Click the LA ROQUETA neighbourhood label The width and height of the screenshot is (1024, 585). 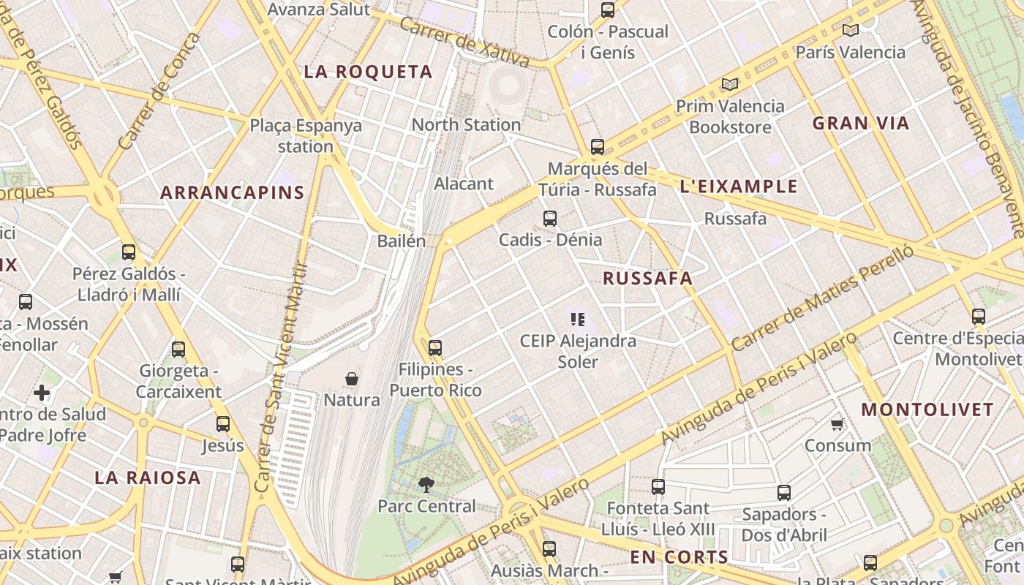(368, 72)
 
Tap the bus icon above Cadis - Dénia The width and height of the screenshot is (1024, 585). (549, 218)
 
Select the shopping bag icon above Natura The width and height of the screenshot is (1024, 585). (352, 379)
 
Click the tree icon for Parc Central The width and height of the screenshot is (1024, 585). (426, 483)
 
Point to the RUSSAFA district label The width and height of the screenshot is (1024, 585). (647, 278)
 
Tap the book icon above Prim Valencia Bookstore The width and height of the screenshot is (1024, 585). (729, 84)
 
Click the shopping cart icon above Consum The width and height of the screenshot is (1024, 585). (837, 424)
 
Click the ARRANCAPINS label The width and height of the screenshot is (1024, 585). (232, 193)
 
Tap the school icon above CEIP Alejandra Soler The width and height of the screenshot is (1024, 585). (578, 320)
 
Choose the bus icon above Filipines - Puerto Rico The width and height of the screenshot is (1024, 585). (435, 347)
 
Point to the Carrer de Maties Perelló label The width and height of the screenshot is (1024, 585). (812, 298)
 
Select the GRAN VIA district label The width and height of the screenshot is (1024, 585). (860, 123)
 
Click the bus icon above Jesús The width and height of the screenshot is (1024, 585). (223, 423)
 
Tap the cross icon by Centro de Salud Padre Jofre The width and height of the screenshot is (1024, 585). (42, 393)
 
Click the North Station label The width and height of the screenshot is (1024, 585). (466, 124)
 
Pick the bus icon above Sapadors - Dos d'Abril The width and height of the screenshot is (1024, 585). (783, 492)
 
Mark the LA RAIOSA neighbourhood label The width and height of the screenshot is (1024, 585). (147, 478)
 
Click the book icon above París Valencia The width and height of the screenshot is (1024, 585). (850, 30)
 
